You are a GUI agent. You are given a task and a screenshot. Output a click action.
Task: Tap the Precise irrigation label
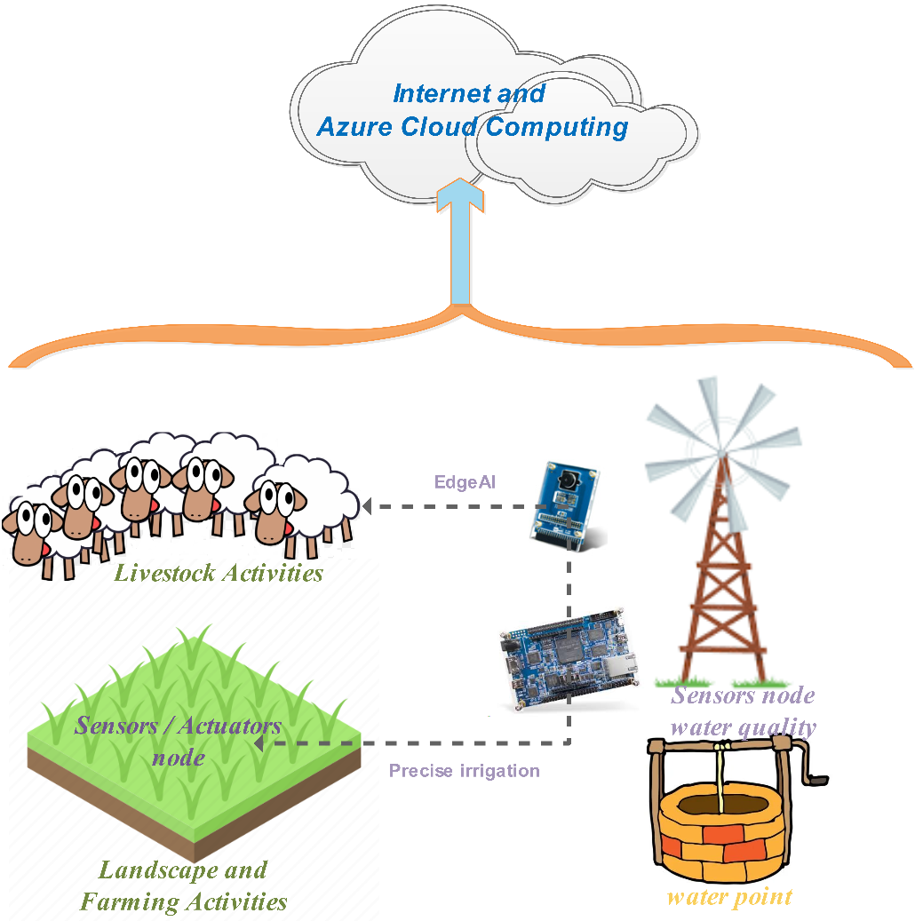click(464, 770)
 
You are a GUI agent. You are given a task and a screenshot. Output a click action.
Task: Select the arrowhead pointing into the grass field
click(259, 744)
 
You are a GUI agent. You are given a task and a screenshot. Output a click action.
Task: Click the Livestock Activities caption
click(219, 573)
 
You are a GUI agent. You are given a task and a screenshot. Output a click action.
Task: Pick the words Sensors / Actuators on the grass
click(178, 726)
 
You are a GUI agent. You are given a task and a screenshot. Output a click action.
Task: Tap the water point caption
click(729, 896)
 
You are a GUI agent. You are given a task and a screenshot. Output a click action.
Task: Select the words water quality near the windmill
click(743, 727)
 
